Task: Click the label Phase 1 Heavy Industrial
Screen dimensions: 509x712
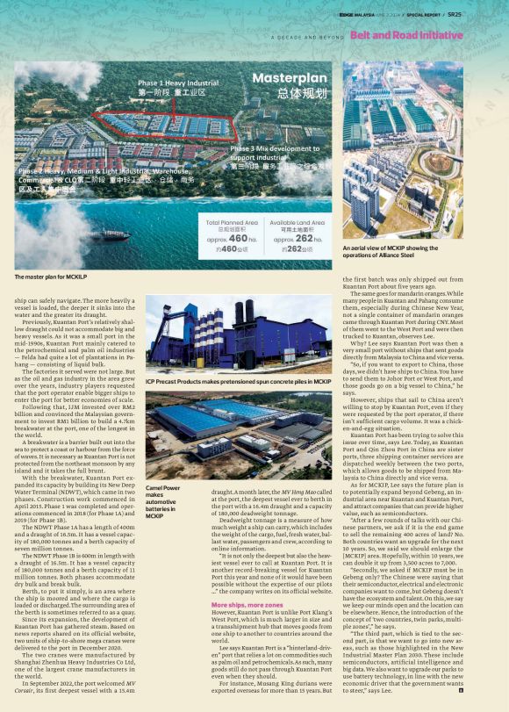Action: pos(178,82)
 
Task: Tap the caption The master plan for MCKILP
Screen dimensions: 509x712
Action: pos(51,277)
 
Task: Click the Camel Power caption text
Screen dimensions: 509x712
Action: pos(163,500)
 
